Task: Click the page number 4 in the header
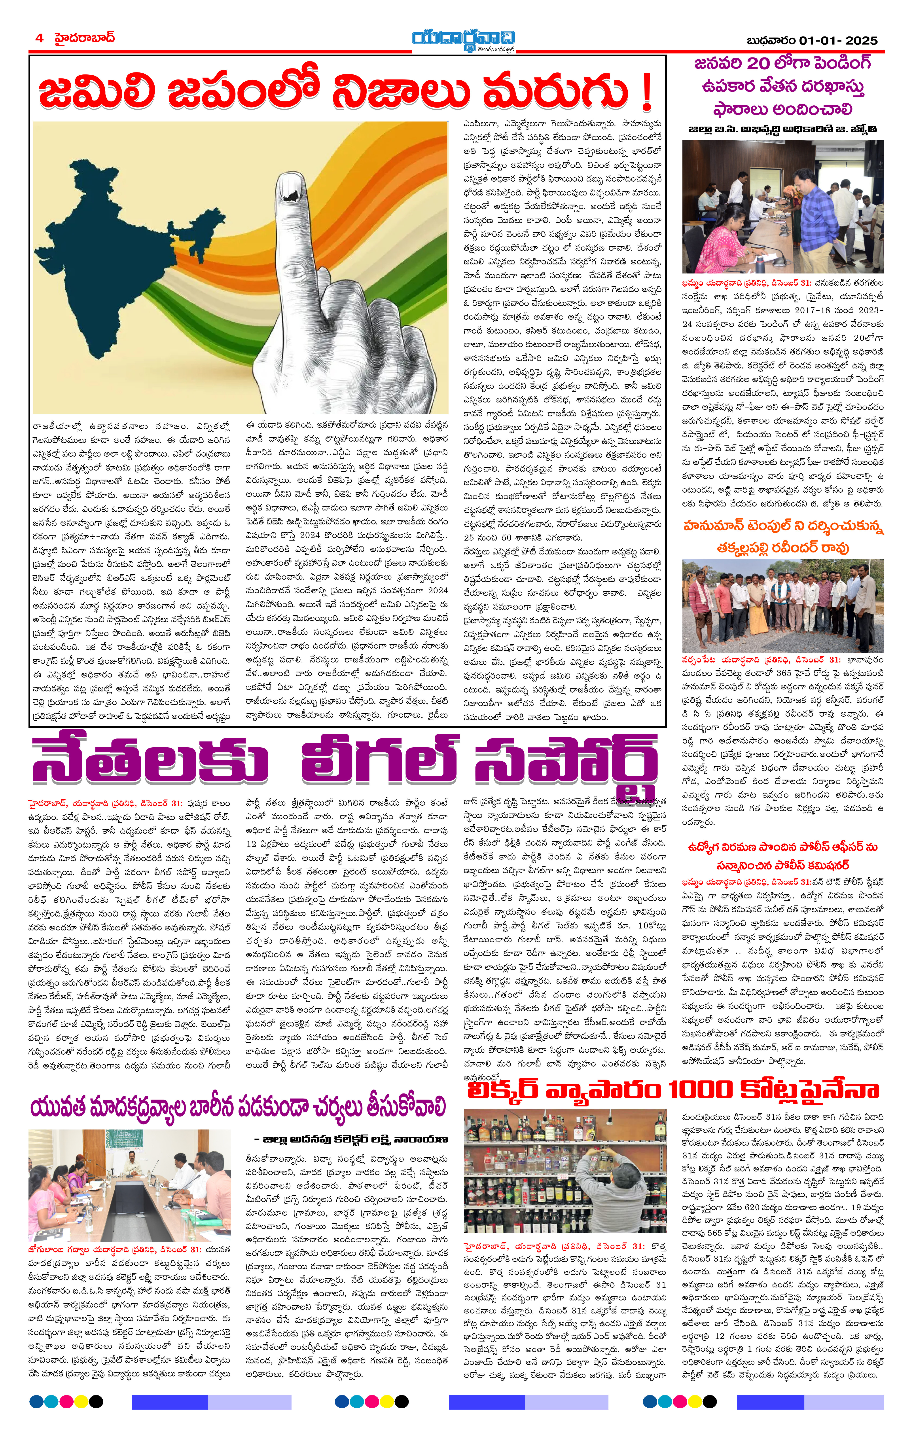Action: (39, 38)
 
